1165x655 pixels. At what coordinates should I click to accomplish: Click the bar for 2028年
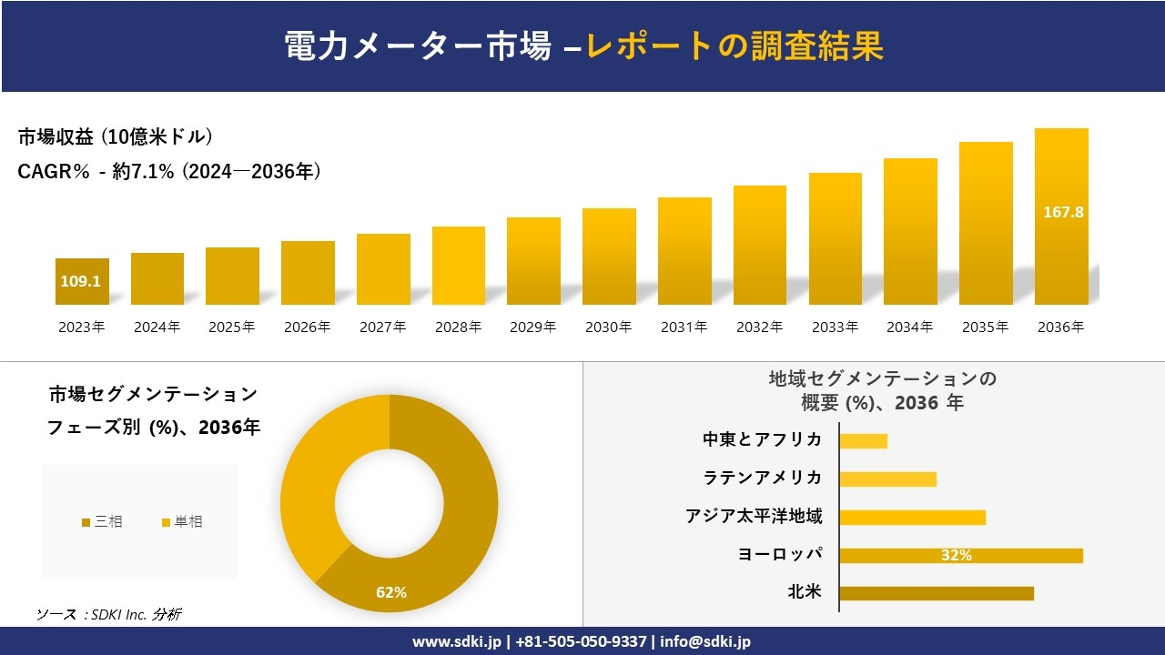[x=458, y=266]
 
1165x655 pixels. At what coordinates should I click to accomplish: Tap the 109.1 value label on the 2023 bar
[x=81, y=282]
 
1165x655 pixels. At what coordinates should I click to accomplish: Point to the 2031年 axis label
[x=684, y=327]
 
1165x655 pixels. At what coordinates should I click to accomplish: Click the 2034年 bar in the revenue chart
[x=910, y=232]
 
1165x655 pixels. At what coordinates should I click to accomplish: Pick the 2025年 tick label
[x=232, y=327]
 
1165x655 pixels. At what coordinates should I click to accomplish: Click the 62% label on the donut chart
[x=391, y=593]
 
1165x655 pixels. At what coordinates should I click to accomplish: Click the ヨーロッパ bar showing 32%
[x=960, y=555]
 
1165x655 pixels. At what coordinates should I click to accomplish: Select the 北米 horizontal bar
[x=936, y=593]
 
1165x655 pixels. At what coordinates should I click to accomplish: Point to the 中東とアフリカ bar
[x=863, y=440]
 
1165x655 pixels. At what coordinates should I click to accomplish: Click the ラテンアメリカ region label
[x=762, y=479]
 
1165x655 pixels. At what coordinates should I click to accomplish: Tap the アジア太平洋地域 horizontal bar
[x=912, y=517]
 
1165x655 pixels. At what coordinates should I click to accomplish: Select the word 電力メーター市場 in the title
[x=418, y=45]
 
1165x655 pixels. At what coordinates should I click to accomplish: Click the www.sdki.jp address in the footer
[x=456, y=641]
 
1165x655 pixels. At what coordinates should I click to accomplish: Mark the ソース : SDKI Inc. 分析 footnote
[x=108, y=615]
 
